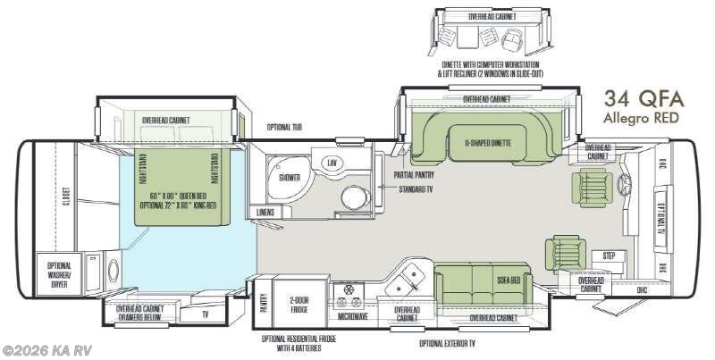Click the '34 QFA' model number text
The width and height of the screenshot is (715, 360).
tap(641, 98)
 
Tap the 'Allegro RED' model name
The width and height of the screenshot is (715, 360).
tap(641, 118)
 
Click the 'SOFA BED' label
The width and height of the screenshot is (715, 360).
tap(509, 280)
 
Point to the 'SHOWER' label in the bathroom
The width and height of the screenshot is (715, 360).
tap(290, 177)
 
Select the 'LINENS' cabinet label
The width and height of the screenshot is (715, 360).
tap(265, 212)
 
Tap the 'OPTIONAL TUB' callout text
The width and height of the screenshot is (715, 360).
tap(284, 127)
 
